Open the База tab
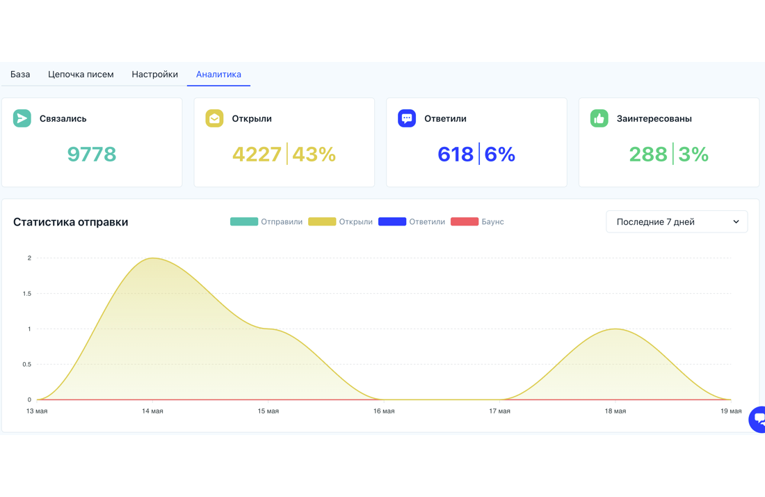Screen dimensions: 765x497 click(x=20, y=74)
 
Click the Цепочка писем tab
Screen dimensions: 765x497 click(x=81, y=74)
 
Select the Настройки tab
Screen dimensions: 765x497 click(x=154, y=74)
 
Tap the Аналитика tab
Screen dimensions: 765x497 click(x=218, y=74)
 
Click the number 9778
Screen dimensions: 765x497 click(x=92, y=155)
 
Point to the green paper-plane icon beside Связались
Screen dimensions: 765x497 click(x=22, y=118)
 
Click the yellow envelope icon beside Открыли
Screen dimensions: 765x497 click(x=214, y=118)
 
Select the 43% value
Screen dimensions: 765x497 click(x=314, y=155)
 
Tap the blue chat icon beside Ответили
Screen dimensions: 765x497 click(x=406, y=118)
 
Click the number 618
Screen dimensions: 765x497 click(x=456, y=155)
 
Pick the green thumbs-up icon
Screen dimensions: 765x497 click(x=599, y=118)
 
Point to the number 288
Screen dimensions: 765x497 click(x=648, y=155)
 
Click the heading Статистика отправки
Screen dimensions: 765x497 click(x=71, y=221)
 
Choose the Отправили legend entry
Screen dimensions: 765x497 click(x=266, y=221)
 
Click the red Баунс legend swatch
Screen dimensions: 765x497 click(x=465, y=221)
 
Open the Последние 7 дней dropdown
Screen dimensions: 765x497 click(x=677, y=221)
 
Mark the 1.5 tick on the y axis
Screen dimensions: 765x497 click(x=27, y=294)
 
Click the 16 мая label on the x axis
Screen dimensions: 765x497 click(x=384, y=411)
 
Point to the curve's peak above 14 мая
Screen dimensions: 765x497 click(x=153, y=258)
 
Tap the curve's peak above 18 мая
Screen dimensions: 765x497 click(x=615, y=329)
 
